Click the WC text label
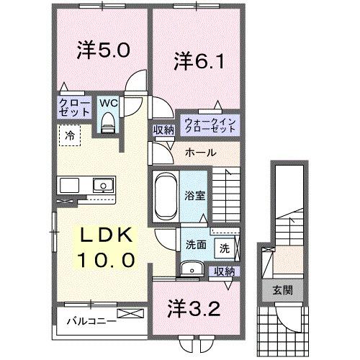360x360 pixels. coord(108,103)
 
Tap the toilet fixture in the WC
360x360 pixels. coord(109,122)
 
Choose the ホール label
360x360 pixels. coord(199,153)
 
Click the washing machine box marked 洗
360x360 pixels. coord(225,248)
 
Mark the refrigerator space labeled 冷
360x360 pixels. coord(70,134)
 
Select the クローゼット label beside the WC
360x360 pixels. coord(74,108)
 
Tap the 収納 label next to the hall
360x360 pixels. coord(162,131)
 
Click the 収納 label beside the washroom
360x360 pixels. coord(225,271)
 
